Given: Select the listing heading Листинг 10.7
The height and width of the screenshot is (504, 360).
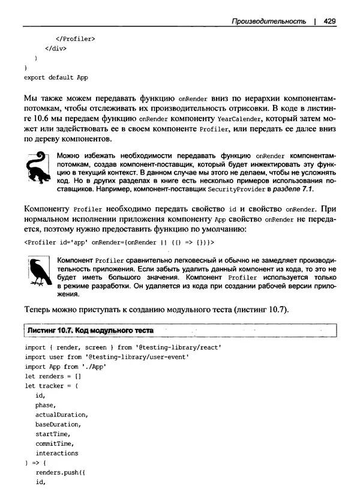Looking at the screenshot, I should [48, 331].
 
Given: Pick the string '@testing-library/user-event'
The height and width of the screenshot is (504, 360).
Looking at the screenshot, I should [137, 357].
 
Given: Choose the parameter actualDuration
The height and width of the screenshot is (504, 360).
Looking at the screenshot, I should [62, 415].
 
